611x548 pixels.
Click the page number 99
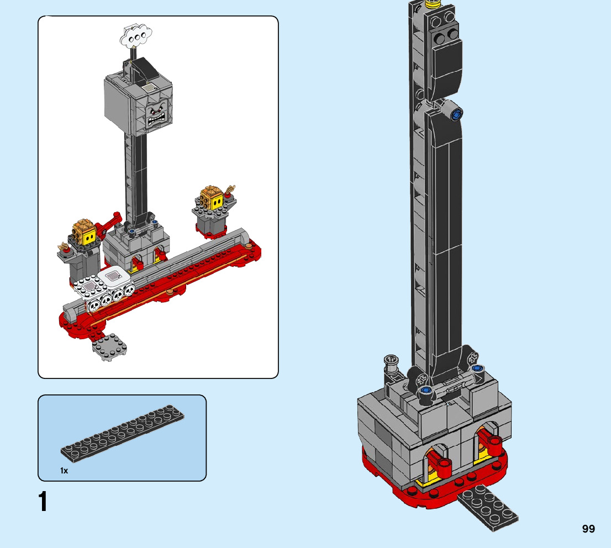pyautogui.click(x=588, y=529)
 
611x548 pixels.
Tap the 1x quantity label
pyautogui.click(x=64, y=471)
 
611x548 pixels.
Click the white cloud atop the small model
pyautogui.click(x=136, y=36)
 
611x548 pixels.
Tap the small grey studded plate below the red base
pyautogui.click(x=110, y=346)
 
